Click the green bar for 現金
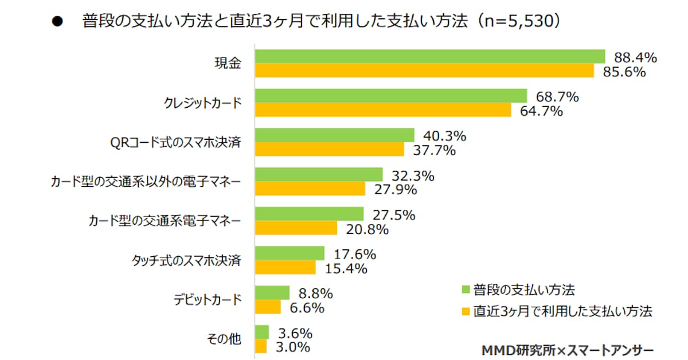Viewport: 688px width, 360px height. (x=430, y=56)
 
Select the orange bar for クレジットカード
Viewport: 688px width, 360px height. (x=383, y=110)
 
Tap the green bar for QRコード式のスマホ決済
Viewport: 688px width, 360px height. (x=334, y=135)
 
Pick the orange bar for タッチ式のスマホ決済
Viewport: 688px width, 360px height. (x=285, y=268)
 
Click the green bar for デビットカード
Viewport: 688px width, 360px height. (x=272, y=292)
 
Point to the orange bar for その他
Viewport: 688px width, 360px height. (x=261, y=346)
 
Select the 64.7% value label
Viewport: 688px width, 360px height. (x=541, y=111)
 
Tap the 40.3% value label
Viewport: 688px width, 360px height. (x=444, y=136)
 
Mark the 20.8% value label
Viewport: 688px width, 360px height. (x=368, y=229)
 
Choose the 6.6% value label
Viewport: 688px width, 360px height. (x=307, y=308)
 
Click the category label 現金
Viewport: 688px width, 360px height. (x=229, y=64)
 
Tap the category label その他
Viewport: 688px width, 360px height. (x=224, y=339)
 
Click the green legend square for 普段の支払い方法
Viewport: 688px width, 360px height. (x=466, y=288)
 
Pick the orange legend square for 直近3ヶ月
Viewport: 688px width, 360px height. (x=466, y=312)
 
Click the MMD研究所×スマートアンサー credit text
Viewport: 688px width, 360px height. (x=567, y=349)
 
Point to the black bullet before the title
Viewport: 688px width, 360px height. (x=57, y=22)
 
